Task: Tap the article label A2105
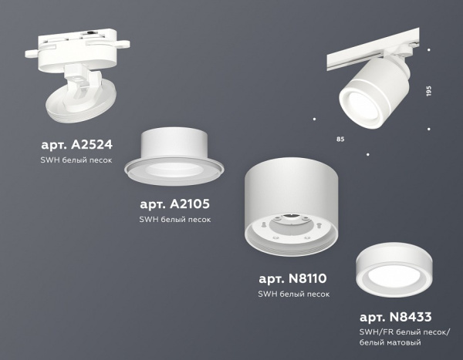click(x=175, y=204)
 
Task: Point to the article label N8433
click(x=395, y=316)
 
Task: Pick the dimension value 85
click(x=340, y=139)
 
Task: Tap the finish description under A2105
click(x=174, y=219)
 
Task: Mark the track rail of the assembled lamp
click(x=363, y=58)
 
